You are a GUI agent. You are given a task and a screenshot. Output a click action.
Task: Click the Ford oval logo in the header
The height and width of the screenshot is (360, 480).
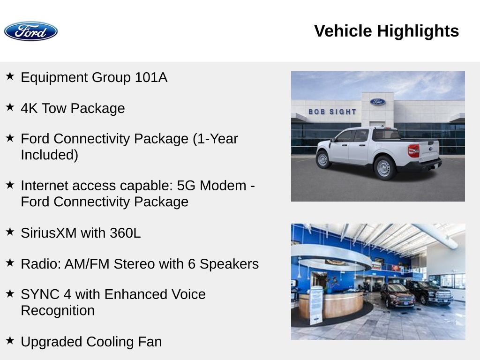pos(30,31)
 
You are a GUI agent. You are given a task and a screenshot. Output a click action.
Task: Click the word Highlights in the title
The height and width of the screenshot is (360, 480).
pos(418,31)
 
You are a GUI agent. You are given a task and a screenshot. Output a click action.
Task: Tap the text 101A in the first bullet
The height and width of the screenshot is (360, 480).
pos(151,77)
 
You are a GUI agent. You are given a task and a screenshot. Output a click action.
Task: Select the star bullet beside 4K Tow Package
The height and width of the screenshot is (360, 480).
pos(10,107)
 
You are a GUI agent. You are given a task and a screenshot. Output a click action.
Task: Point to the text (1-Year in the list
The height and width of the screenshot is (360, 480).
pos(215,139)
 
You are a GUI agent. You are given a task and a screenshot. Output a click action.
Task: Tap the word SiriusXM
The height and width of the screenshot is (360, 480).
pos(49,233)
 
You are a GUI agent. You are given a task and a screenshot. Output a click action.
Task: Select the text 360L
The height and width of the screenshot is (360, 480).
pos(125,233)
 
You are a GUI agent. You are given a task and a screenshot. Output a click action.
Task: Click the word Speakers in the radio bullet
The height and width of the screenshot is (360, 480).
pos(229,264)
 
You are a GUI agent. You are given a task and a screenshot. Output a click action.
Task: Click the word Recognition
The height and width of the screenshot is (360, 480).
pos(58,310)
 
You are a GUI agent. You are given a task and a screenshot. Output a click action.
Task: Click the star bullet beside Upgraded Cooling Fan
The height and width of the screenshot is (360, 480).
pos(10,340)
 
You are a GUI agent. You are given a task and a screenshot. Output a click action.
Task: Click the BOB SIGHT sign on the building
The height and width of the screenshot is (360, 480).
pos(332,112)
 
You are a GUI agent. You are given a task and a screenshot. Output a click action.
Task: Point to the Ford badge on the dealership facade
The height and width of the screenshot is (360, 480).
pos(377,102)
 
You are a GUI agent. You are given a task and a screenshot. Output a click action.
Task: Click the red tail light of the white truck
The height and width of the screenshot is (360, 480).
pos(413,150)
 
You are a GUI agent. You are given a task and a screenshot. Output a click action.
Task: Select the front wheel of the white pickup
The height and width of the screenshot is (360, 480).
pos(322,159)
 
